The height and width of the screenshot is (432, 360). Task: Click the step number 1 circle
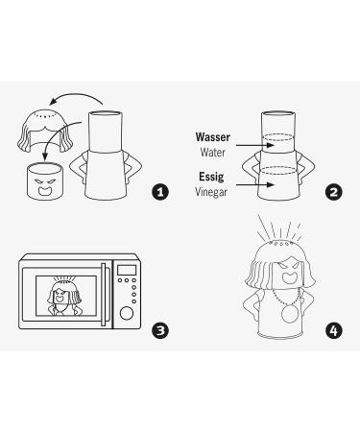pos(160,192)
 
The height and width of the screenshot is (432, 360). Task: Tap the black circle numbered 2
pos(333,192)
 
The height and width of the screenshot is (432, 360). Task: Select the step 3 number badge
pos(160,330)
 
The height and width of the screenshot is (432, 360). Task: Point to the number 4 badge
pos(333,330)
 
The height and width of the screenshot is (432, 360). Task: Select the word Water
pos(213,152)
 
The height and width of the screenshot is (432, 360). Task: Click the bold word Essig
pos(213,178)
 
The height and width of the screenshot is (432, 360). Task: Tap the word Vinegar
pos(211,192)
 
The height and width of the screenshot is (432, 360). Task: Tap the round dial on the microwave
pos(125,312)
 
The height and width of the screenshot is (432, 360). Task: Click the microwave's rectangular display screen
pos(125,271)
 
